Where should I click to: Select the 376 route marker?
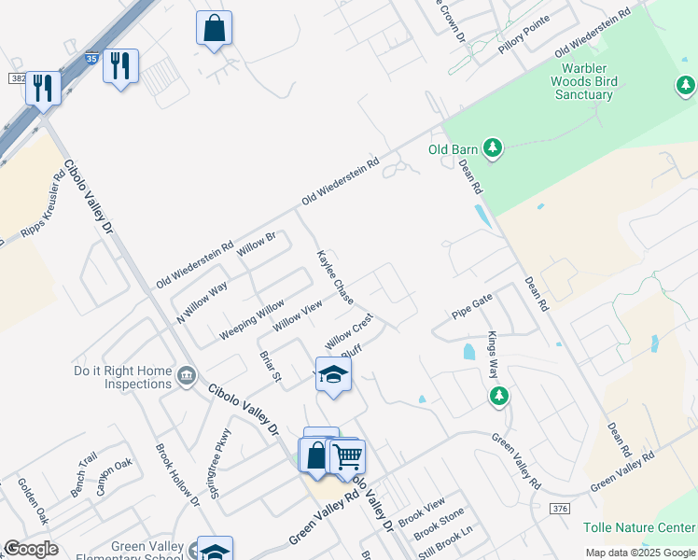[x=559, y=509]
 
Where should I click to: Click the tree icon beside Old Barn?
[x=493, y=148]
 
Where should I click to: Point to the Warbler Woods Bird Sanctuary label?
[x=584, y=81]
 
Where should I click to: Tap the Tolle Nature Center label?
[x=639, y=527]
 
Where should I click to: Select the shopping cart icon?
[x=347, y=456]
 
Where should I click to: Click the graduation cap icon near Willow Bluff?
[x=333, y=376]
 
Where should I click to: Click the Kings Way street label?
[x=492, y=354]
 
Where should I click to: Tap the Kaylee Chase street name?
[x=335, y=277]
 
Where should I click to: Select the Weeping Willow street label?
[x=251, y=320]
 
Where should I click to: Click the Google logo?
[x=31, y=549]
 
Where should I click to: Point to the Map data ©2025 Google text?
[x=640, y=553]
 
